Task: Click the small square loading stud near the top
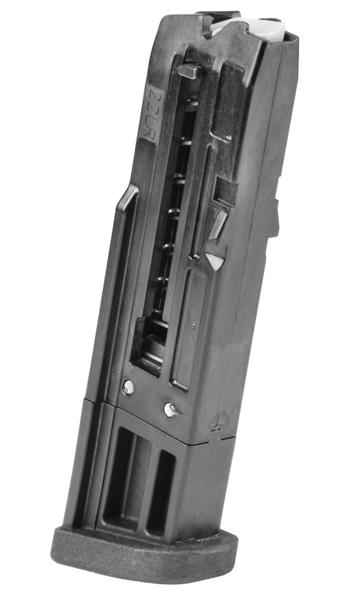click(190, 72)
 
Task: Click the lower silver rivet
click(170, 410)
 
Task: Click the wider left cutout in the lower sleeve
click(123, 476)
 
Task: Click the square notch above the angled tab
click(226, 191)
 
